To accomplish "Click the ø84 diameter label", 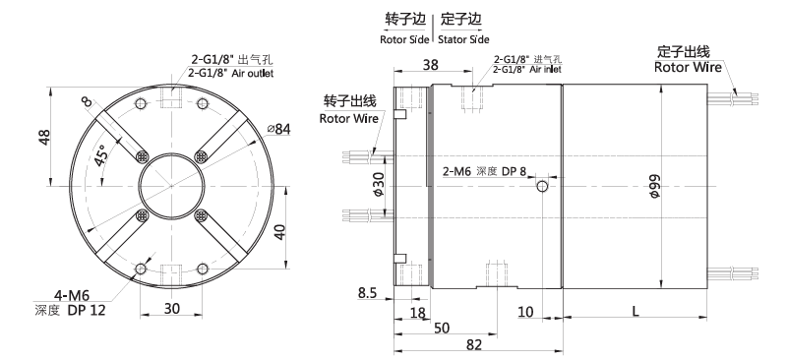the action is [x=279, y=129].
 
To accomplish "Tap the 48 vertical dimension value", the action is [x=44, y=137].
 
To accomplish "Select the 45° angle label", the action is [x=101, y=155].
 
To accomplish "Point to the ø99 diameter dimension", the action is [x=653, y=186].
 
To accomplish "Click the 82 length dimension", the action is [x=474, y=344].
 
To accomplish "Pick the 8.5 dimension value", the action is [x=367, y=292].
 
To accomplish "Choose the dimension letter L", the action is [x=636, y=311].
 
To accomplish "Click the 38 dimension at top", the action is [x=431, y=64].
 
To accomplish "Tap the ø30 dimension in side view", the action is [x=378, y=185].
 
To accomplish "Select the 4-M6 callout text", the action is [x=72, y=294].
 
